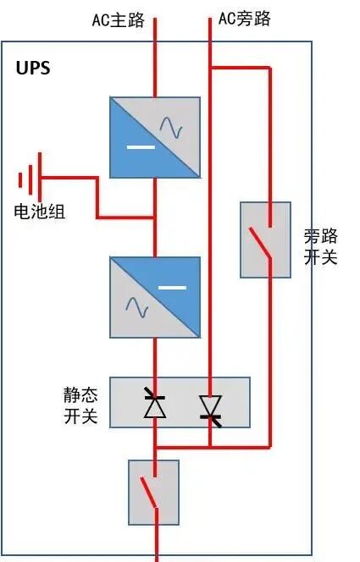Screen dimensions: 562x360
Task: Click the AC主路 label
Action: [x=118, y=19]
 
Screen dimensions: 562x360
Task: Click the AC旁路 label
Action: [x=244, y=18]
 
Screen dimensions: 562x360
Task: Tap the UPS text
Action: [x=33, y=69]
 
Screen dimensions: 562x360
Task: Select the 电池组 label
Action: [x=40, y=212]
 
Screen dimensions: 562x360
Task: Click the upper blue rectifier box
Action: [x=155, y=137]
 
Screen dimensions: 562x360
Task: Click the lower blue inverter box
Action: [x=155, y=297]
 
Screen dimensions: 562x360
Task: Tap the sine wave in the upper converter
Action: [x=175, y=127]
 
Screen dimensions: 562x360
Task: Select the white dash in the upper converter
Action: [x=140, y=149]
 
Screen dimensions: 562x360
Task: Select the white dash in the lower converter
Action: [x=173, y=287]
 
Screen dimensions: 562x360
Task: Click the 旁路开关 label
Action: [x=320, y=246]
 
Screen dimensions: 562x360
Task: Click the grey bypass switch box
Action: [x=266, y=240]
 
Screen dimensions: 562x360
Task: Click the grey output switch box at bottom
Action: [x=153, y=492]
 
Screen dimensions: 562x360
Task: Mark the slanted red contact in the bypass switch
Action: [x=261, y=244]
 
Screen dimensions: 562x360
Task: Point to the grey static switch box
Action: [x=180, y=402]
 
